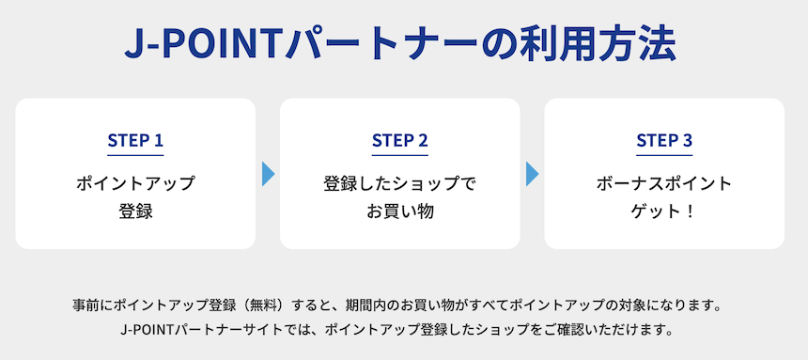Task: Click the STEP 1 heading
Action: coord(135,141)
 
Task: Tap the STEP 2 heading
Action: coord(399,141)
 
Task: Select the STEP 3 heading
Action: coord(664,141)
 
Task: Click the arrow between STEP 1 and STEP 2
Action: coord(268,174)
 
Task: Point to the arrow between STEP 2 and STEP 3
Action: coord(532,174)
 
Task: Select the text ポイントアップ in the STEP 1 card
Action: coord(135,183)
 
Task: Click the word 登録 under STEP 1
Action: coord(135,211)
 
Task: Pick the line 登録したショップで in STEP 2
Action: coord(399,183)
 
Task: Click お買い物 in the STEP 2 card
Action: coord(399,211)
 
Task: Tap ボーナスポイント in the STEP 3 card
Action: coord(664,183)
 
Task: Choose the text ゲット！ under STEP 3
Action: coord(664,211)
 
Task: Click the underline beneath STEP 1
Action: coord(135,155)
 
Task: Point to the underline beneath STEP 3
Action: coord(664,155)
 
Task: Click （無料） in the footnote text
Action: coord(283,306)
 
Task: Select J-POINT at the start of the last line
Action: coord(148,330)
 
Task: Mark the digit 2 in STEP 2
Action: coord(423,141)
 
